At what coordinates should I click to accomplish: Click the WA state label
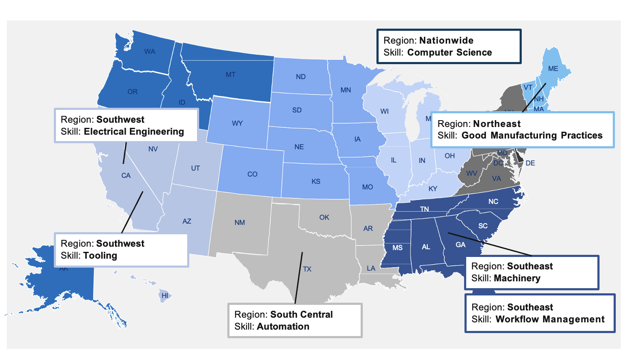150,52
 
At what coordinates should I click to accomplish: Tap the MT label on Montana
231,75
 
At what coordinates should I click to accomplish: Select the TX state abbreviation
307,269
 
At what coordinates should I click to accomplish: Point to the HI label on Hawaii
165,295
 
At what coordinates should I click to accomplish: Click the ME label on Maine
553,69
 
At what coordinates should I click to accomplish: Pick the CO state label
252,174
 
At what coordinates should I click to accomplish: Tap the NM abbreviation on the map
240,223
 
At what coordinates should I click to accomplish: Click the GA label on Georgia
460,245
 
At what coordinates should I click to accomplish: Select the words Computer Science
450,53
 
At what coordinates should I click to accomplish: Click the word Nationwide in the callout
446,41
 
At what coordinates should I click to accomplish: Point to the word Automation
283,327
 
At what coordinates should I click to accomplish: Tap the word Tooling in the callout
100,256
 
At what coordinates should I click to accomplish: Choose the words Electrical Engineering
134,132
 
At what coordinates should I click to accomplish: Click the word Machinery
517,278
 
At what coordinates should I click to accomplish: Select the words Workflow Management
550,319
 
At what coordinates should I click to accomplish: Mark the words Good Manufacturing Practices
532,136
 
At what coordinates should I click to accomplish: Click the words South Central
301,315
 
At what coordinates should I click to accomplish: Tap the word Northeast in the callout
497,124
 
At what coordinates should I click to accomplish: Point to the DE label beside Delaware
530,163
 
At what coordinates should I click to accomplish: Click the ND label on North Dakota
301,77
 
